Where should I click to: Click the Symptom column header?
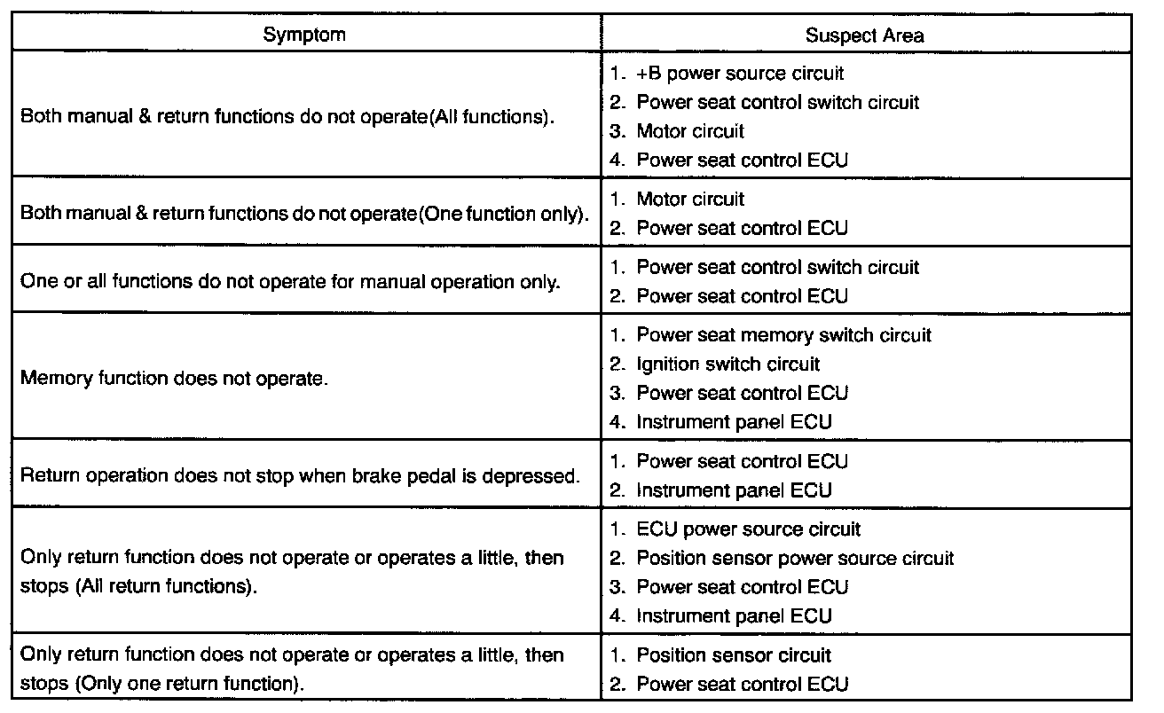[304, 35]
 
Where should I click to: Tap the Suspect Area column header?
[864, 35]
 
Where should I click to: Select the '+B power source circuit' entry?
[740, 74]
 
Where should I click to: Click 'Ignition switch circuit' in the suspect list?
[727, 364]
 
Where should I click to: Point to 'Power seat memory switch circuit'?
[783, 336]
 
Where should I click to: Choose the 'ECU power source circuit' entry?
[748, 529]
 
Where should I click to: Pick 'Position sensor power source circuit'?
[795, 559]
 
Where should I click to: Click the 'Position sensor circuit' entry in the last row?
[734, 655]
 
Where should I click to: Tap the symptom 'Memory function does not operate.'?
[174, 379]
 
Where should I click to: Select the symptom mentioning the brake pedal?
[300, 475]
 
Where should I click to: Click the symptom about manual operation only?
[290, 282]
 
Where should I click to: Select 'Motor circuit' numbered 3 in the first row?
[690, 131]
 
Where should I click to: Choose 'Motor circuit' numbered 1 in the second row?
[690, 200]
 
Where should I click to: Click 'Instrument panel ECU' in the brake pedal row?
[734, 490]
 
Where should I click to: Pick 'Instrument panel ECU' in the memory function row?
[734, 422]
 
